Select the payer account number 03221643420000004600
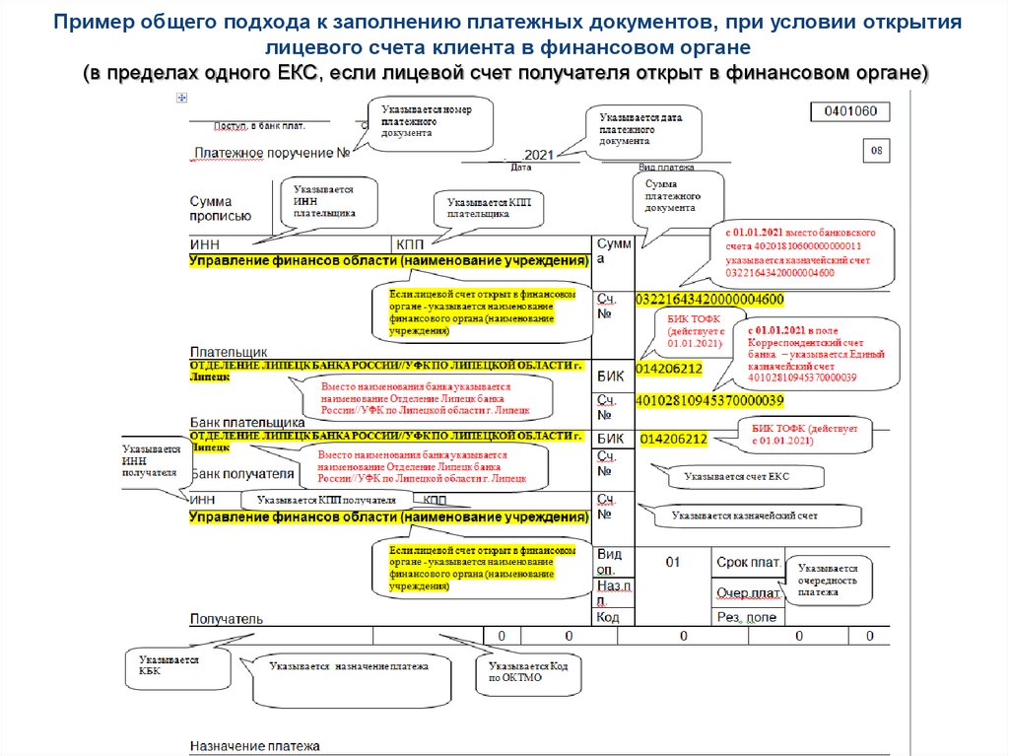[710, 300]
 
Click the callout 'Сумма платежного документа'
[680, 196]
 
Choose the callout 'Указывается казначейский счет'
[745, 515]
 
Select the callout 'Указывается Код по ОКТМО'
[528, 671]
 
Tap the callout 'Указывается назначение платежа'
[350, 667]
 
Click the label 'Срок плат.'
[748, 562]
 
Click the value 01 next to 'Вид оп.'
[672, 562]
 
